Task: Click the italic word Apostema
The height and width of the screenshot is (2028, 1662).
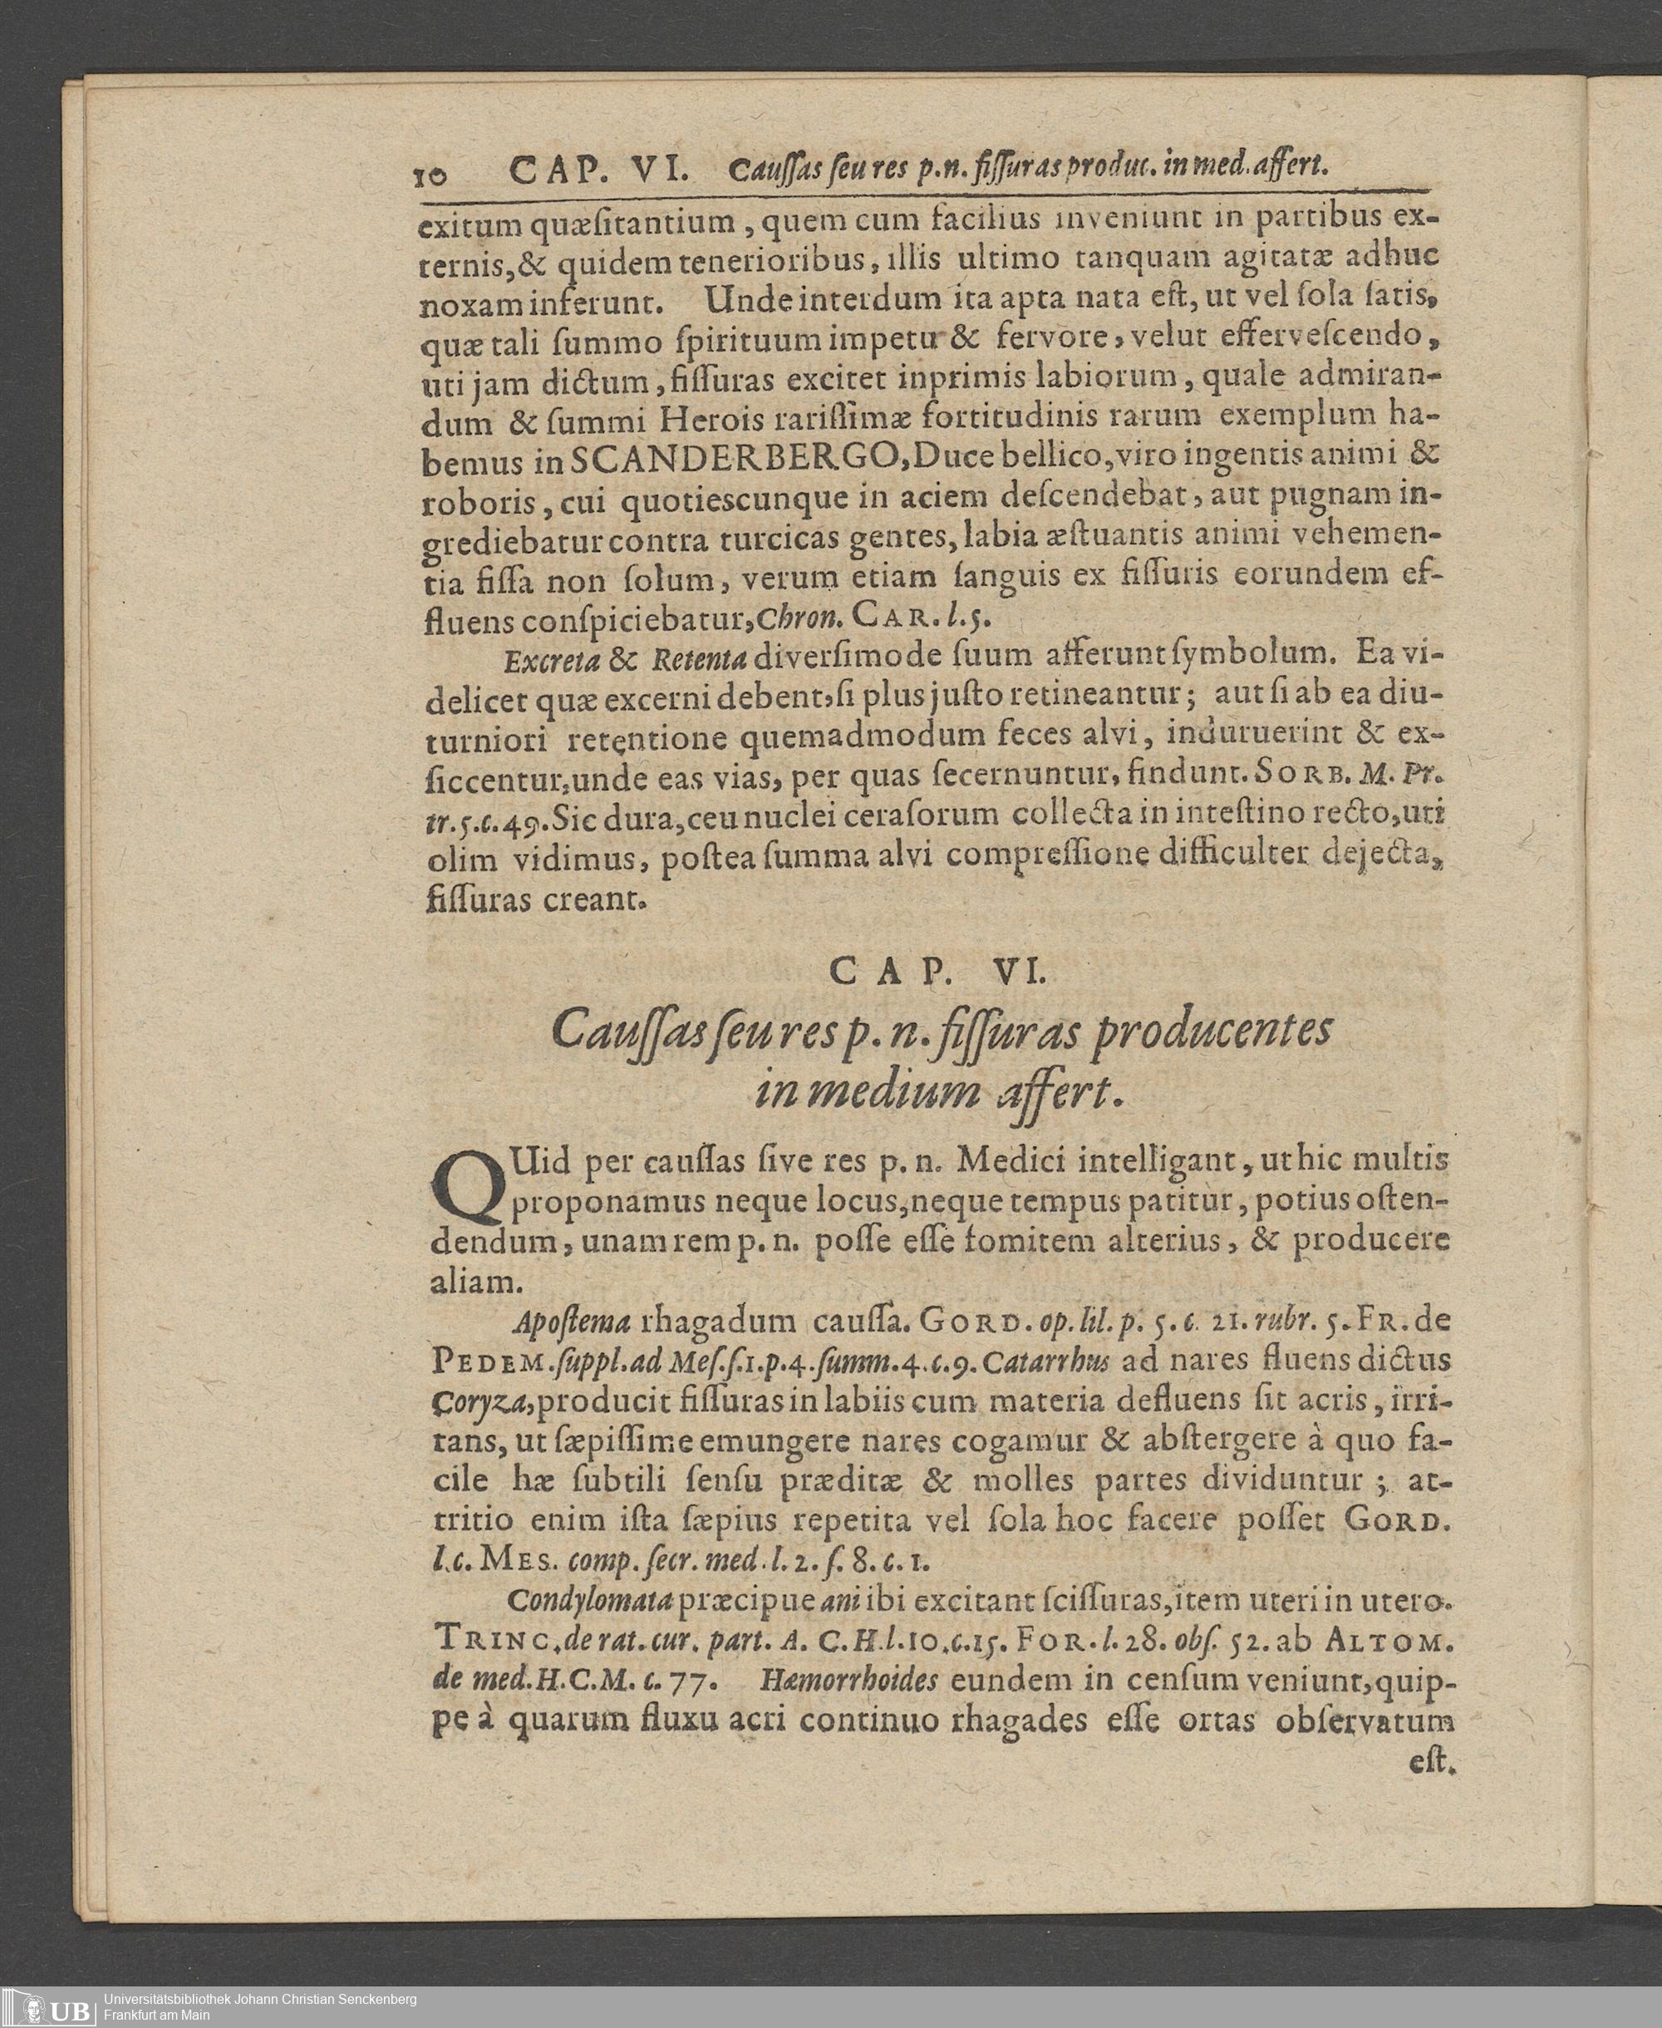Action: click(571, 1322)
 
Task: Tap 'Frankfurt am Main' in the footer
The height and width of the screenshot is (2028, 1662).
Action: click(157, 2016)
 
